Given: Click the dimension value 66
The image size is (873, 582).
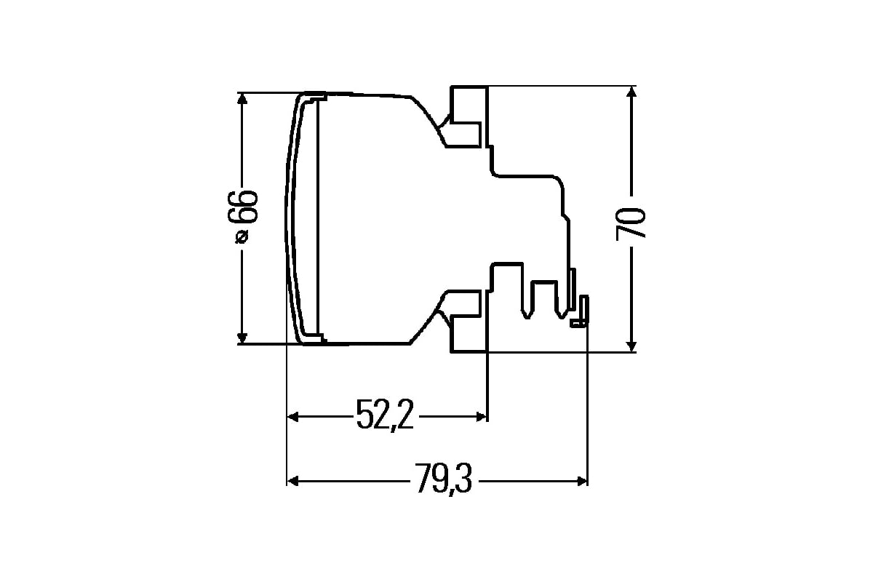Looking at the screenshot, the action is [x=243, y=207].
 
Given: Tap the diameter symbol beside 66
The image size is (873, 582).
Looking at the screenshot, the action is [x=242, y=236].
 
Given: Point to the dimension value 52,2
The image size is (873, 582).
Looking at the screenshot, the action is [x=385, y=415].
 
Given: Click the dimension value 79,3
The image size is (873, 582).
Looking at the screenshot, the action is [x=443, y=479].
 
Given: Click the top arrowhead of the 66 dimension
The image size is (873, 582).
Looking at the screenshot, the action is [x=242, y=99].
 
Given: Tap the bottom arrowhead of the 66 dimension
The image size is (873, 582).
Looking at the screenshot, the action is [x=242, y=338].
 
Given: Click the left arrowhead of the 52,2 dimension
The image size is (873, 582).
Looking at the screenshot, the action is [x=292, y=417].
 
